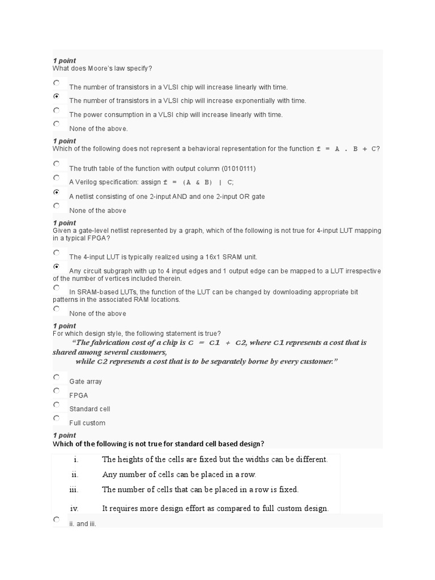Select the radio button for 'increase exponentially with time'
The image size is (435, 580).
pos(56,96)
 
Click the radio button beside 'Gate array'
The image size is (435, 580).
pos(56,377)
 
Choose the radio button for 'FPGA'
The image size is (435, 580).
pos(56,390)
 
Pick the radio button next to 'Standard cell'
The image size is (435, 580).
pos(56,404)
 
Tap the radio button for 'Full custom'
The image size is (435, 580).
pos(56,418)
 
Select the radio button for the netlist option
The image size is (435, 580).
pos(56,192)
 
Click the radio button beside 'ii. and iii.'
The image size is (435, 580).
pos(56,519)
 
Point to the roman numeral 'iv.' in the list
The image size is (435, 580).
pos(74,508)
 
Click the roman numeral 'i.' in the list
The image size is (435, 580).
pos(75,459)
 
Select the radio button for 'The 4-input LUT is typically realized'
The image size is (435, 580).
pos(56,252)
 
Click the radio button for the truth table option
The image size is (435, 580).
pos(56,164)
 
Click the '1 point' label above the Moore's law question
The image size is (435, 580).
pos(64,61)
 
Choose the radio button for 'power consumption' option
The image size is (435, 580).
pos(56,110)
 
